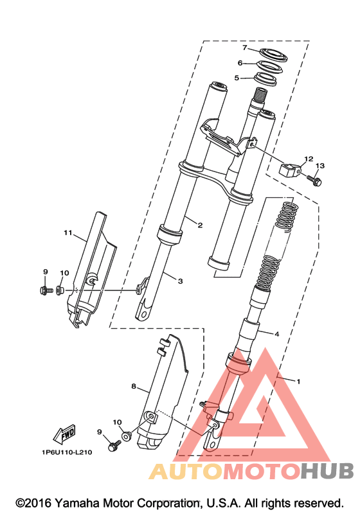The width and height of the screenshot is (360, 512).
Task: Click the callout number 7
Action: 245,48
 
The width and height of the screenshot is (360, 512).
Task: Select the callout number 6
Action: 240,63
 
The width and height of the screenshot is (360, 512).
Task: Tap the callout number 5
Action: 237,78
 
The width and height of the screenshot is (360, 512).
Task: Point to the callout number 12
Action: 309,159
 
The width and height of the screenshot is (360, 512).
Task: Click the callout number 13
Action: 320,166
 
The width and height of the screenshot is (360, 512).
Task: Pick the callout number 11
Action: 67,233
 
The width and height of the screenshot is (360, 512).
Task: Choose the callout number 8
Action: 133,386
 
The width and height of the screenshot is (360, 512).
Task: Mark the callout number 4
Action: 276,334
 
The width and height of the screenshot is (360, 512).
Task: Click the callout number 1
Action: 298,381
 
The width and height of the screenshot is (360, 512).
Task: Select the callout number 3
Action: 180,281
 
